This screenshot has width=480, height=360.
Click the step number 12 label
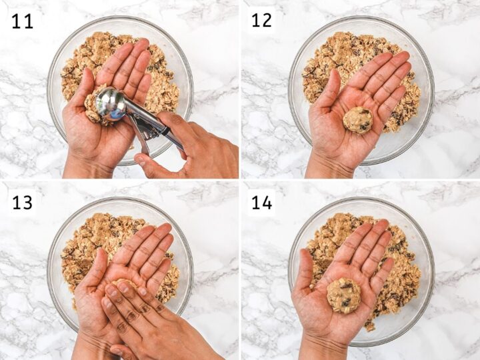(261, 20)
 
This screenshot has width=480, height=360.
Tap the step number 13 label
(21, 202)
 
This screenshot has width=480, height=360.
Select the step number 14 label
(261, 202)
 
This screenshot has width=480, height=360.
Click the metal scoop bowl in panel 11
(111, 104)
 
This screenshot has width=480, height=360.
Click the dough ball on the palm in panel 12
(357, 120)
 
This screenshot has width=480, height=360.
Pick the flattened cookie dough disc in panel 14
(343, 295)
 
